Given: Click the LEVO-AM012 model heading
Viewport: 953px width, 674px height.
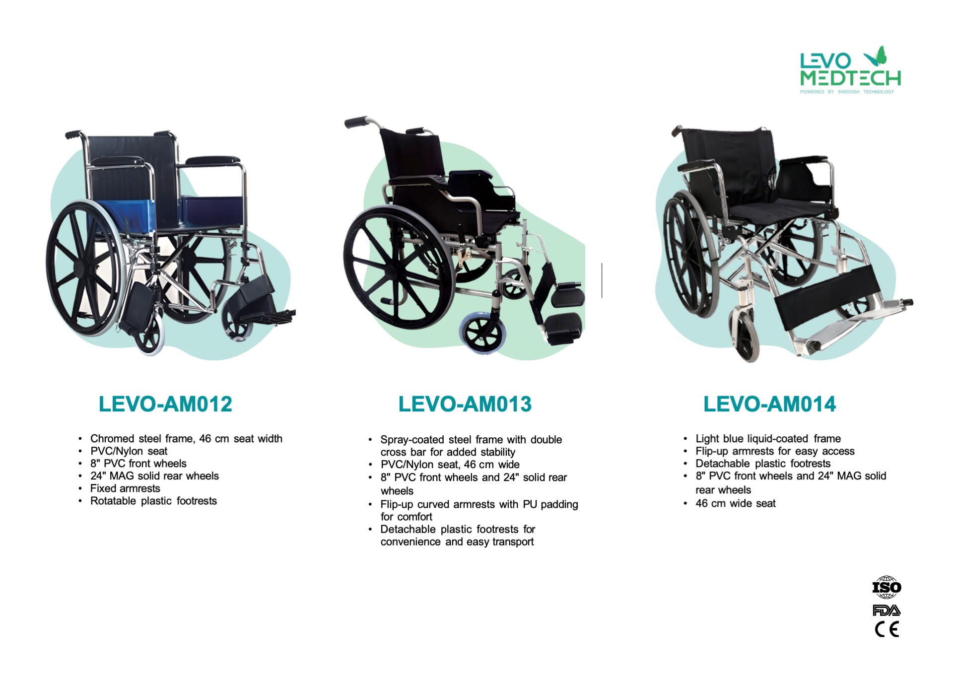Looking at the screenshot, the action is [165, 404].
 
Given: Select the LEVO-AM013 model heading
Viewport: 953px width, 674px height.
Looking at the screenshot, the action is [465, 404].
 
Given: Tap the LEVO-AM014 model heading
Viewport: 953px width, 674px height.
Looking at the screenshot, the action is [770, 404].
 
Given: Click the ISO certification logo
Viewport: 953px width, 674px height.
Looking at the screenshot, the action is [886, 587].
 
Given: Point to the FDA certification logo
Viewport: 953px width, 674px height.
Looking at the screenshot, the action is [886, 610].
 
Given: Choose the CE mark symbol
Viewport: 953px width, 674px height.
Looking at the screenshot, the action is [887, 629].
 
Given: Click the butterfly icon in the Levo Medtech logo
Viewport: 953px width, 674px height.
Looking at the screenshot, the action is [876, 57].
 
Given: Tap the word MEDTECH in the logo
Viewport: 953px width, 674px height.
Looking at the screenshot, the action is [850, 78].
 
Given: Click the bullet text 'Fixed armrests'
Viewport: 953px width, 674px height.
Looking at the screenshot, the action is [125, 488].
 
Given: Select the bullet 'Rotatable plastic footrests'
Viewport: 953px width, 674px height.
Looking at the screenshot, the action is [153, 501].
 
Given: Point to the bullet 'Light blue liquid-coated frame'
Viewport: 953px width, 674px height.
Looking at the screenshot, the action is [768, 439].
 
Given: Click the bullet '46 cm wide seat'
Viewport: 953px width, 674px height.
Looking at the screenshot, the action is [735, 503].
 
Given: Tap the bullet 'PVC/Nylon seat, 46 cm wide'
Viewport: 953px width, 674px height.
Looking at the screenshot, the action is [450, 465].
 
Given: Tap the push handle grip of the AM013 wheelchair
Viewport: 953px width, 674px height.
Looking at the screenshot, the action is [356, 122].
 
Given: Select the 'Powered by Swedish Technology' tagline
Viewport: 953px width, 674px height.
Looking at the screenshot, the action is [847, 92].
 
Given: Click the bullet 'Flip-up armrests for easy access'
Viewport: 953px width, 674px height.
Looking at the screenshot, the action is [775, 451].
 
